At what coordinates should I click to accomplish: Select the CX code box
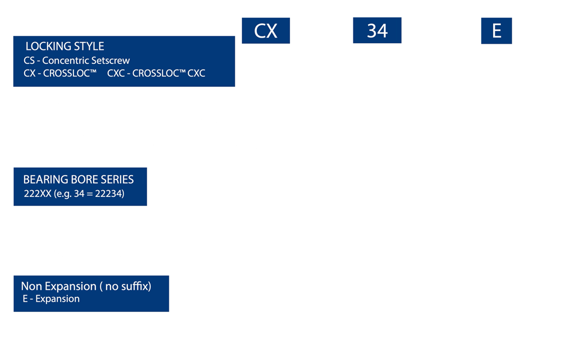click(266, 31)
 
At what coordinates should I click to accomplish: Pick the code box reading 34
click(377, 31)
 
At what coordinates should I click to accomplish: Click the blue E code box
click(496, 31)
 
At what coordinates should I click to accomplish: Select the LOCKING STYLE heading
click(65, 47)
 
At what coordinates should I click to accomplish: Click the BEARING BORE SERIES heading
click(79, 180)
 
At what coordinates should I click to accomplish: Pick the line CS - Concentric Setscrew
click(77, 61)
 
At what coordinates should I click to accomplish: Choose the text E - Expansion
click(50, 299)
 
